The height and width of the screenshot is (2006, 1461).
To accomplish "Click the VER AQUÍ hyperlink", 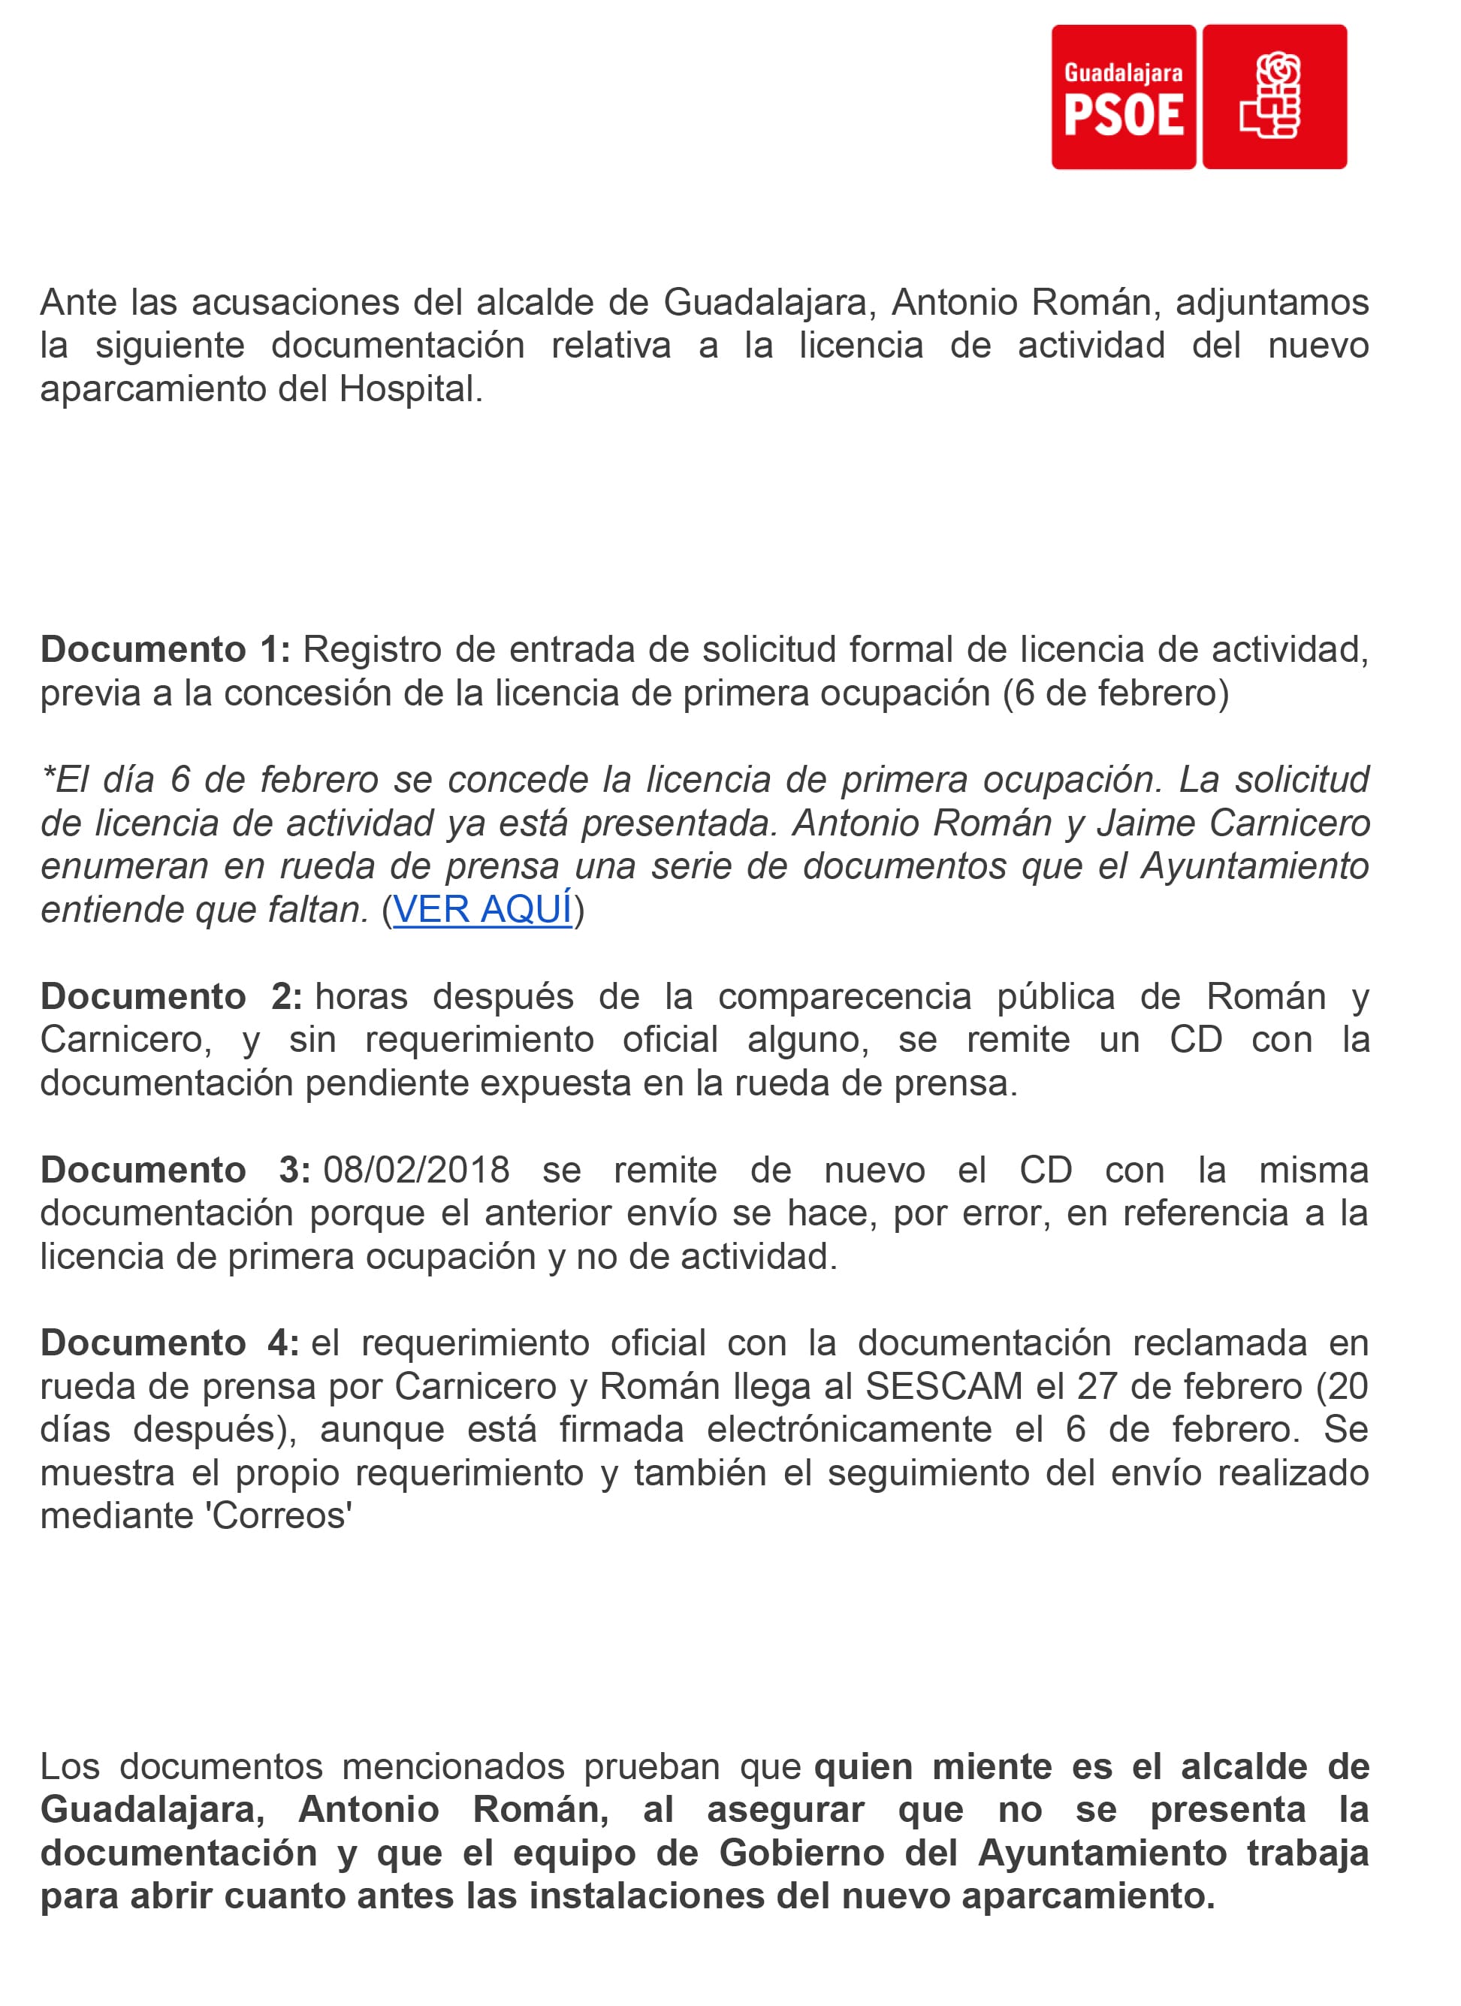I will tap(482, 909).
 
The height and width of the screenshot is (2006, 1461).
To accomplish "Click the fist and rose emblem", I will tap(1275, 96).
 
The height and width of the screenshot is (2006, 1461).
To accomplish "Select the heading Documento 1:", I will tap(165, 650).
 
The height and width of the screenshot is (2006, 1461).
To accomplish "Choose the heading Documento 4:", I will tap(170, 1343).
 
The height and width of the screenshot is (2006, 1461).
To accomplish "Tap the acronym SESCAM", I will tap(943, 1387).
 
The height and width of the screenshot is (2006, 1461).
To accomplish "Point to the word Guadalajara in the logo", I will tap(1123, 73).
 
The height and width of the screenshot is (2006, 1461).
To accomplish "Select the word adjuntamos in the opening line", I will tap(1272, 303).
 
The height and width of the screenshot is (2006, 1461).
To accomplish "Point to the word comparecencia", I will tap(844, 997).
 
